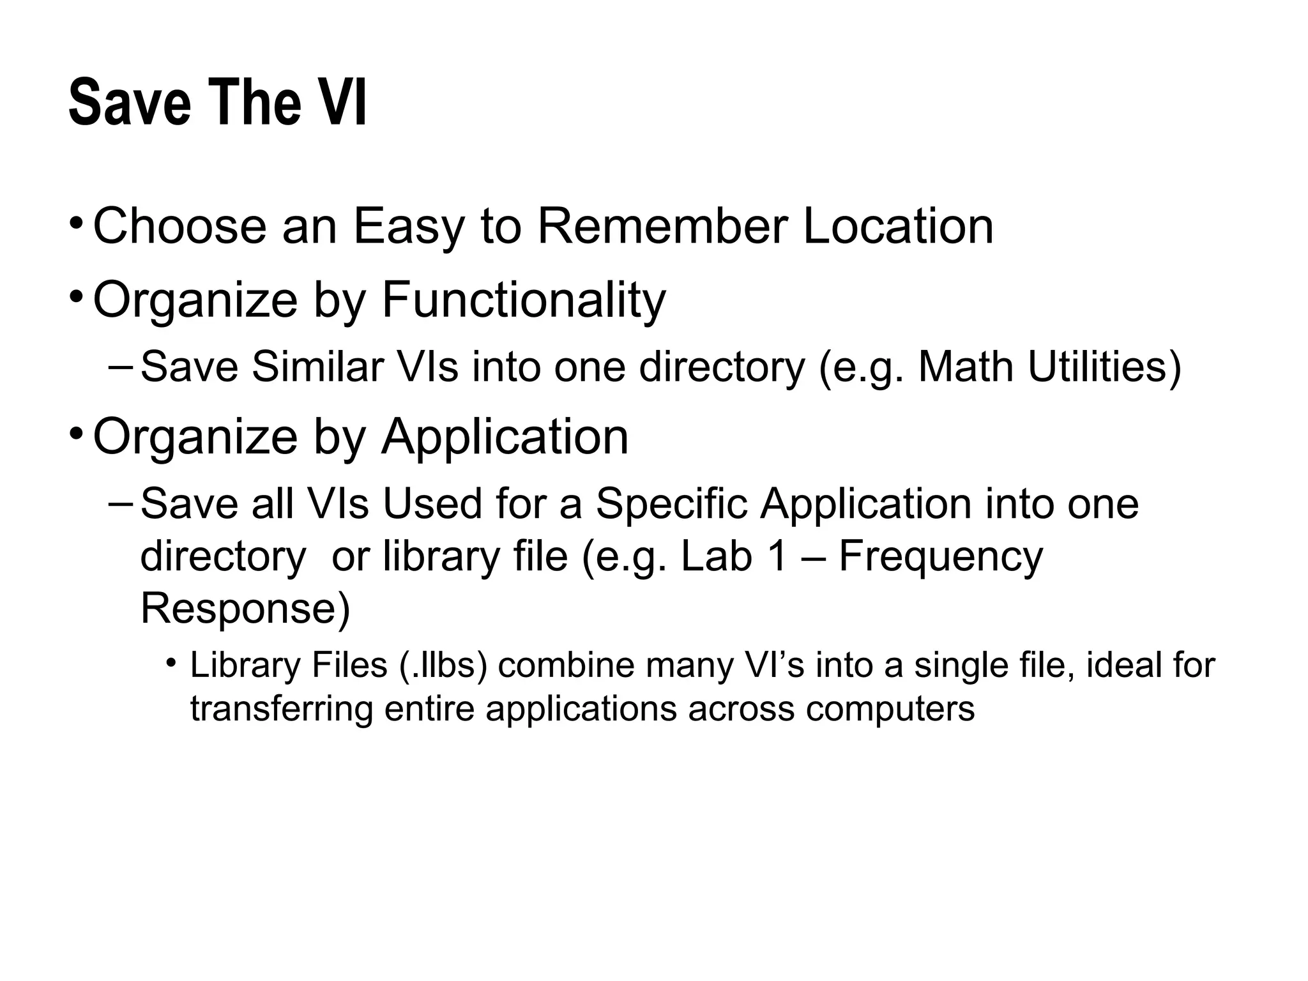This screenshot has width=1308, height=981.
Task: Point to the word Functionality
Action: (524, 300)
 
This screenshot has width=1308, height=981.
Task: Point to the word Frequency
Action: (941, 558)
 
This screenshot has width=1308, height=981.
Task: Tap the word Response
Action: (245, 609)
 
